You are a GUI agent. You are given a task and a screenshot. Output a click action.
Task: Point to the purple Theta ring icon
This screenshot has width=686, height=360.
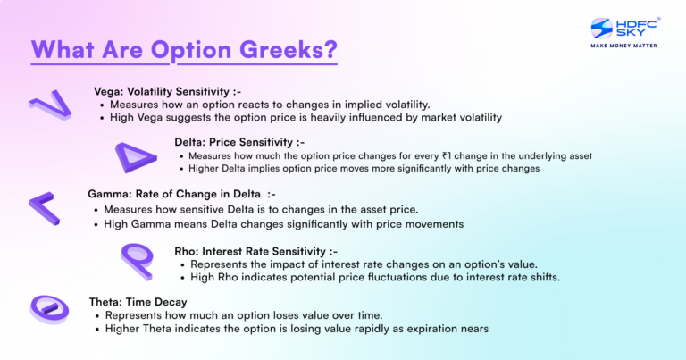(x=51, y=309)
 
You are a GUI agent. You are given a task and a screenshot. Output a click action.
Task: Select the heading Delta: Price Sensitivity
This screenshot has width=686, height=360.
(x=239, y=141)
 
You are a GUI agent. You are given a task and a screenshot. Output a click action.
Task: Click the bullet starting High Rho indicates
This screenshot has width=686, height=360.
(x=369, y=277)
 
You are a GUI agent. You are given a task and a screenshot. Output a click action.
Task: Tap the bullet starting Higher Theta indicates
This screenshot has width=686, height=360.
(x=297, y=329)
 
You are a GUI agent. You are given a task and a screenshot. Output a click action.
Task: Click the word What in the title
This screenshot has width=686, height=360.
(x=66, y=50)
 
